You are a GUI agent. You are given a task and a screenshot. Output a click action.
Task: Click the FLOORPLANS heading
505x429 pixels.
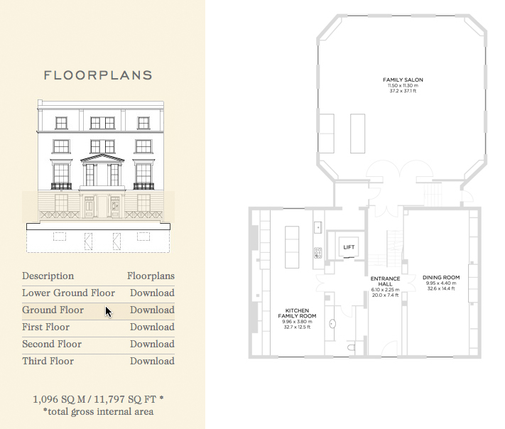pos(98,75)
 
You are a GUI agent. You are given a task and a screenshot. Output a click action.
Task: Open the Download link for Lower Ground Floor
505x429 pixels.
pos(152,293)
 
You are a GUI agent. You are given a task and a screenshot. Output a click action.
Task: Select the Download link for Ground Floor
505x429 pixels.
pos(152,310)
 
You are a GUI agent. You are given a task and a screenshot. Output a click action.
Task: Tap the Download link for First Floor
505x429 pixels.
pos(152,327)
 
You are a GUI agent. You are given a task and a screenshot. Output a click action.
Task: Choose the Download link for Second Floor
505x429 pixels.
pos(152,344)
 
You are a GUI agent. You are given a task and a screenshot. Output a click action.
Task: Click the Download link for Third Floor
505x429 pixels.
pos(152,361)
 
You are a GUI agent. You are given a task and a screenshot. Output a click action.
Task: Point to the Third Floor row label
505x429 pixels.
pos(48,361)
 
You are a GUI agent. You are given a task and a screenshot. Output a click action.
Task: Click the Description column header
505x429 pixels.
pos(48,276)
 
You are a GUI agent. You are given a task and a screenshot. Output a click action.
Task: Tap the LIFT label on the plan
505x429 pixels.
pos(349,247)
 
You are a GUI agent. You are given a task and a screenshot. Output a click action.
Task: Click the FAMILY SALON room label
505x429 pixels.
pos(403,80)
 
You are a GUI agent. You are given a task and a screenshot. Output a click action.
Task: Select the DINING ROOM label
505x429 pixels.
pos(441,277)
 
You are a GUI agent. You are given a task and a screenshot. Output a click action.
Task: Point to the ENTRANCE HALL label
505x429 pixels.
pos(385,281)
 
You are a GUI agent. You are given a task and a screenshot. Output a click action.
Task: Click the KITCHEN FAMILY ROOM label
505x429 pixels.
pos(297,313)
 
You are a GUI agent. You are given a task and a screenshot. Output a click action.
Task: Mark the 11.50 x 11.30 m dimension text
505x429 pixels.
pos(403,86)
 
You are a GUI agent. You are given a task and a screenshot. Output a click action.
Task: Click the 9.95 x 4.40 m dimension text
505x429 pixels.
pos(441,283)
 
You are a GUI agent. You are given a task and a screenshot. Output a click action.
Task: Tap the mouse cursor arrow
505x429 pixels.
pos(109,312)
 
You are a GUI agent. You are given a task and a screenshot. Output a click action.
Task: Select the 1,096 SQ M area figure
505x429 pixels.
pos(59,399)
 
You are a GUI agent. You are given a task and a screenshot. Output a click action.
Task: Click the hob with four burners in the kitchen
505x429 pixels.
pos(318,253)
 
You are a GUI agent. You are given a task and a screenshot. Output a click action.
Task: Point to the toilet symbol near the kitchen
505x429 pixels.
pos(352,347)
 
